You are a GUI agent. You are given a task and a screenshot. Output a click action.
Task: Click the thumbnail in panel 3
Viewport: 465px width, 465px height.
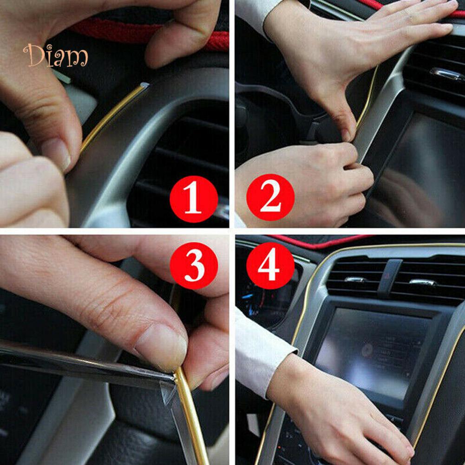(x=160, y=347)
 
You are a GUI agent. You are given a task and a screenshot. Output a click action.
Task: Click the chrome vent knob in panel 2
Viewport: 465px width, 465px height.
(x=444, y=73)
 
